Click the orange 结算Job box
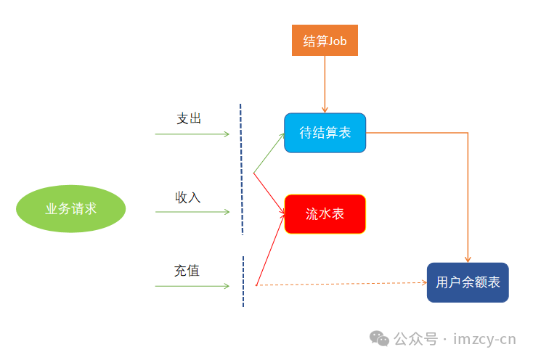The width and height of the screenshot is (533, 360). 325,41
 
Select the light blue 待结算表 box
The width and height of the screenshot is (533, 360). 325,133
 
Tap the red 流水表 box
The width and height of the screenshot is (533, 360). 325,214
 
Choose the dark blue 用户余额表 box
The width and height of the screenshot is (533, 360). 468,282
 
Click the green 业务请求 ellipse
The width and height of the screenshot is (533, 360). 71,209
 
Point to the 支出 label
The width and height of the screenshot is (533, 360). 189,118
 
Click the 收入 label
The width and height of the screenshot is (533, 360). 188,197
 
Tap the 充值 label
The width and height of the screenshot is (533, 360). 187,271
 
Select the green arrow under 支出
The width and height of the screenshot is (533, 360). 192,134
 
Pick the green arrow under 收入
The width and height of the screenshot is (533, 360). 192,212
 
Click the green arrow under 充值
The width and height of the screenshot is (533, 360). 192,286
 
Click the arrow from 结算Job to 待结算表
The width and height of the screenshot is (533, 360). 325,83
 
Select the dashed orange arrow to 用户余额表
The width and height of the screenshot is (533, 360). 341,285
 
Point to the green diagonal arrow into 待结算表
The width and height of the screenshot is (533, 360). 269,153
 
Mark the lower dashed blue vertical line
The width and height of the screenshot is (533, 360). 243,282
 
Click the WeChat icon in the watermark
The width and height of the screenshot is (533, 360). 379,338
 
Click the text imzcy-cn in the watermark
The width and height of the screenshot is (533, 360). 484,339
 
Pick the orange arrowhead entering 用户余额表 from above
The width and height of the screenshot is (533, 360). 468,258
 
